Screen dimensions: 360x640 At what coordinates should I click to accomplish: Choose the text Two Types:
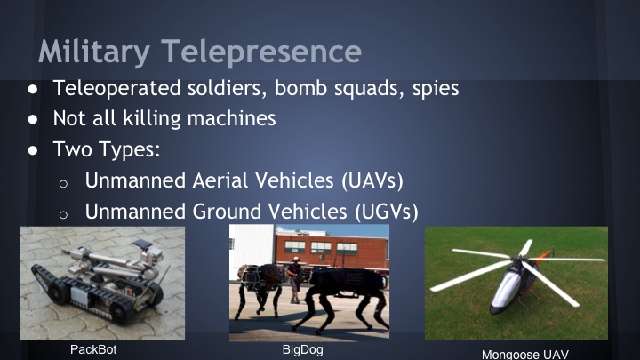pyautogui.click(x=106, y=149)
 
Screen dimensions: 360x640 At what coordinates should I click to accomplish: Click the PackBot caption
pyautogui.click(x=93, y=349)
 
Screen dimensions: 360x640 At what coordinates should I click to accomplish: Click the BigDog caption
pyautogui.click(x=302, y=349)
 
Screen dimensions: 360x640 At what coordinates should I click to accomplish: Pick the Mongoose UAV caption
pyautogui.click(x=524, y=353)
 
